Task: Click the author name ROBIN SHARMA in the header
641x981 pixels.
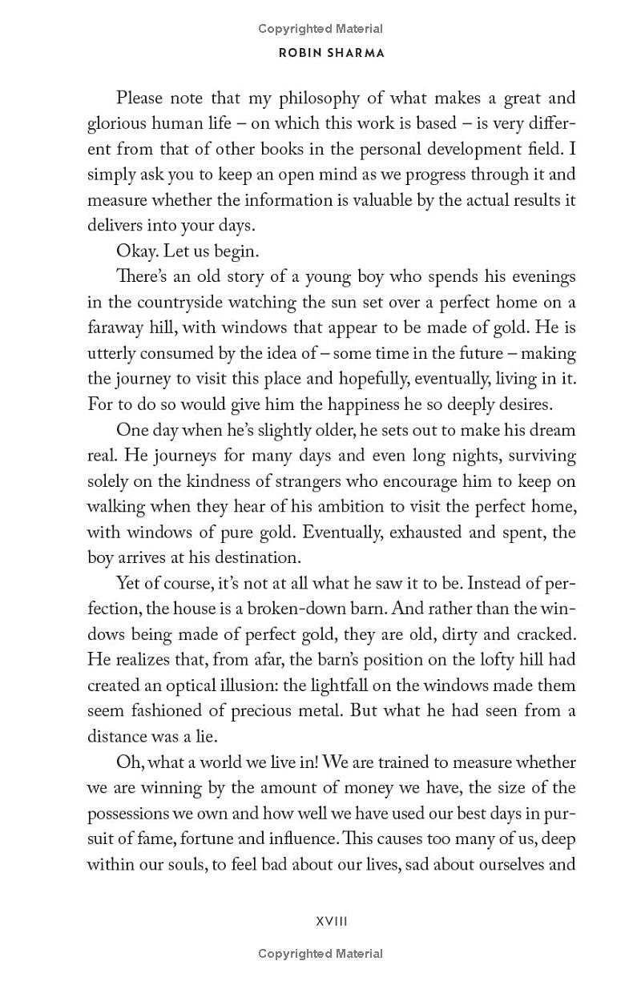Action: [320, 54]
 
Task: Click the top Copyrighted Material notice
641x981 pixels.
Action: [320, 29]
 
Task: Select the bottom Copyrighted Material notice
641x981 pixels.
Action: [320, 954]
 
